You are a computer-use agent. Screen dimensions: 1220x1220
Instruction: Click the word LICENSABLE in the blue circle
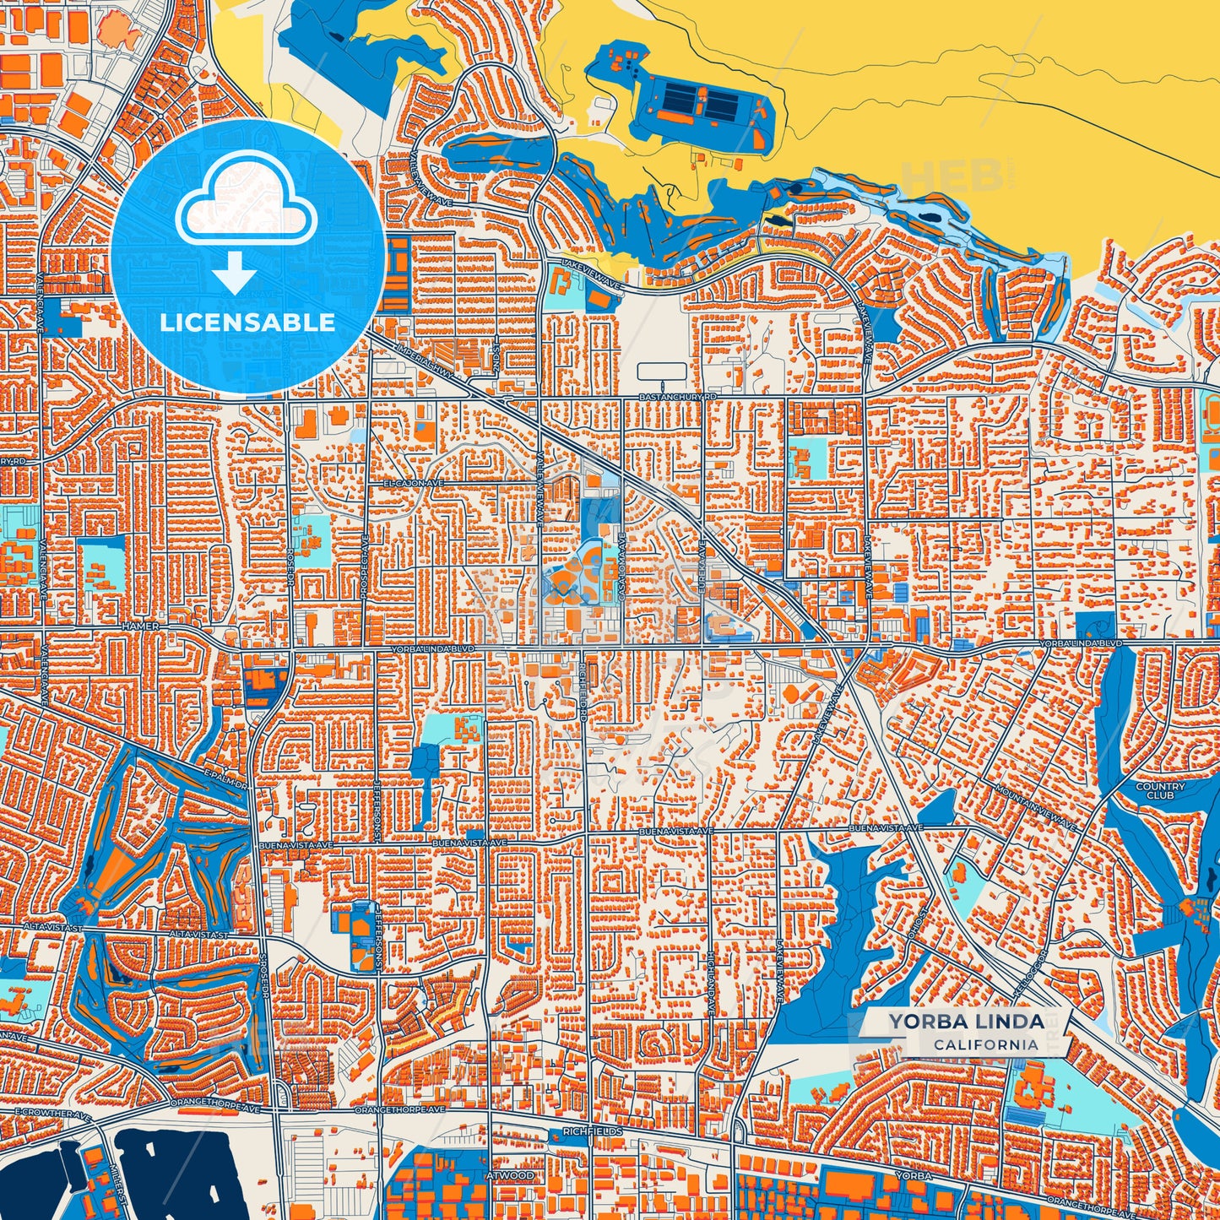coord(247,323)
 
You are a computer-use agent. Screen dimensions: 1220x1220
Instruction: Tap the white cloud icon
coord(247,205)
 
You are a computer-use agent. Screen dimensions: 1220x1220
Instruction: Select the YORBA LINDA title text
coord(965,1022)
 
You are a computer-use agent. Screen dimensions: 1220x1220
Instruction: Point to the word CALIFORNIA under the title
coord(985,1044)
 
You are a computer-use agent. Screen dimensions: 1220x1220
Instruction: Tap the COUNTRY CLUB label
coord(1160,790)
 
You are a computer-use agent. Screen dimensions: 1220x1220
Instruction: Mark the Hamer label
coord(134,626)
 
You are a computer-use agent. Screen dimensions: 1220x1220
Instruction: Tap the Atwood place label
coord(509,1175)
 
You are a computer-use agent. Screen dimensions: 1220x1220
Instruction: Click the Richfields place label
coord(596,1131)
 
